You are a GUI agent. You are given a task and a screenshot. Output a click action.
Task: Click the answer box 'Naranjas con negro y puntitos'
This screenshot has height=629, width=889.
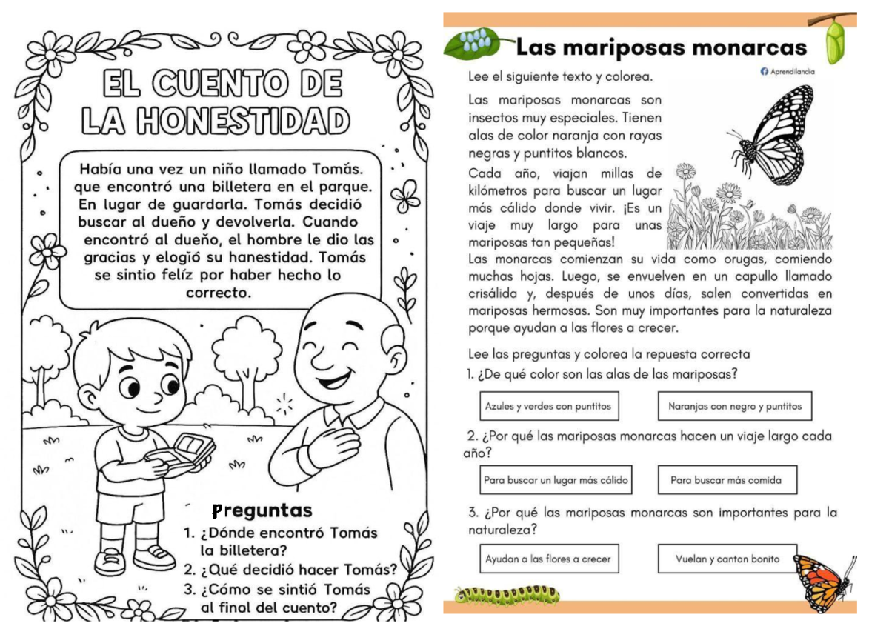pyautogui.click(x=734, y=406)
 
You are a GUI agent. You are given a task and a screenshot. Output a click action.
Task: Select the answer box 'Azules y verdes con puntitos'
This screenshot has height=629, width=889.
pyautogui.click(x=548, y=406)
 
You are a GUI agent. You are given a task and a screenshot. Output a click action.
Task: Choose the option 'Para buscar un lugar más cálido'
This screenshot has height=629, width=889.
pyautogui.click(x=556, y=480)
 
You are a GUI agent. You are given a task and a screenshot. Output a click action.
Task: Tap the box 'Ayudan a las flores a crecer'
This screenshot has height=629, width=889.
pyautogui.click(x=548, y=559)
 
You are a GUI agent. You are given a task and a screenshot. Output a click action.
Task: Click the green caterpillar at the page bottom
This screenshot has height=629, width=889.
pyautogui.click(x=508, y=594)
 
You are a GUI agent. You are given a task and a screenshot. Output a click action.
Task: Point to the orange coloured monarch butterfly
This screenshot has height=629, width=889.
pyautogui.click(x=822, y=581)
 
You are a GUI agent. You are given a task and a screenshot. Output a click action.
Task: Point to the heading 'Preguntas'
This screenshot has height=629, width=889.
pyautogui.click(x=262, y=510)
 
